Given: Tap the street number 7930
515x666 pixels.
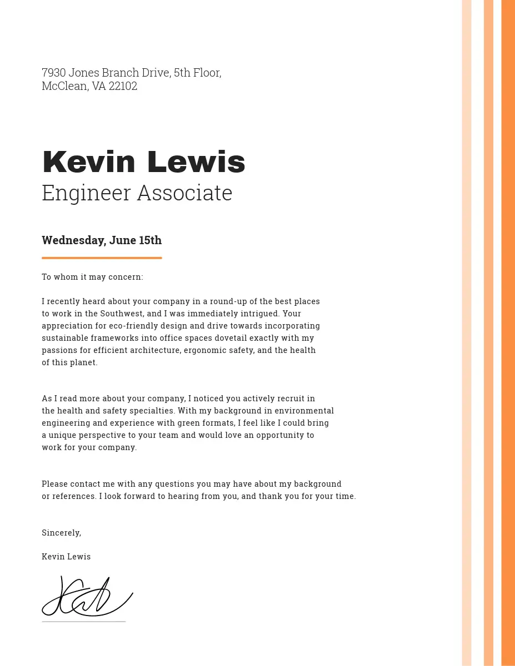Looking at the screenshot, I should click(54, 73).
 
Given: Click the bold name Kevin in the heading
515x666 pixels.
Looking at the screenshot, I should click(89, 162).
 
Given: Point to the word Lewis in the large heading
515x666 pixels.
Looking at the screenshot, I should click(196, 162).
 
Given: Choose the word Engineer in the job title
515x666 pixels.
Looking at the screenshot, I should click(86, 193).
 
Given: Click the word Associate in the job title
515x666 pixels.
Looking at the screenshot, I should click(184, 193).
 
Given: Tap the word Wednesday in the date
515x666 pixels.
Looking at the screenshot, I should click(73, 240).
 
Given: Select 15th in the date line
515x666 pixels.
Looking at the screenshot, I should click(150, 240).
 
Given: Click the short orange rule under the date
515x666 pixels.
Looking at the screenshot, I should click(102, 258).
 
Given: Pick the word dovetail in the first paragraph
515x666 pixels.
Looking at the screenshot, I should click(230, 338).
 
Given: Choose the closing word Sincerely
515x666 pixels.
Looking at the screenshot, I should click(61, 533).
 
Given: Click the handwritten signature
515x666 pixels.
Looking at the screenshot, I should click(87, 597).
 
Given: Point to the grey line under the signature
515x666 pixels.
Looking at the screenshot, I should click(84, 622).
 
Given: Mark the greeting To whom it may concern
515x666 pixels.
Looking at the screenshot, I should click(92, 277).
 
